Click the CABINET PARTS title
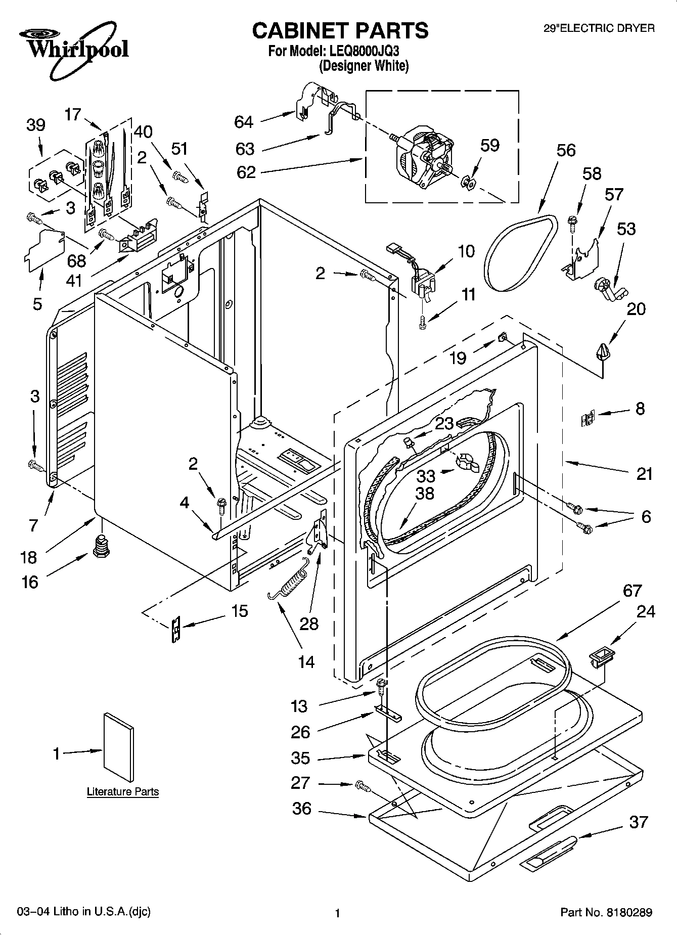tap(340, 31)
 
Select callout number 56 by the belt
tap(566, 150)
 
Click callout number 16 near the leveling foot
tap(30, 582)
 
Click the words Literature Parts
tap(123, 792)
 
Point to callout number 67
tap(631, 590)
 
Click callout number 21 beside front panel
tap(644, 474)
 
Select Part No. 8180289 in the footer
tap(606, 913)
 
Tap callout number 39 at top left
tap(35, 125)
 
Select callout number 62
tap(246, 172)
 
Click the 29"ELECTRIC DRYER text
tap(599, 29)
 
